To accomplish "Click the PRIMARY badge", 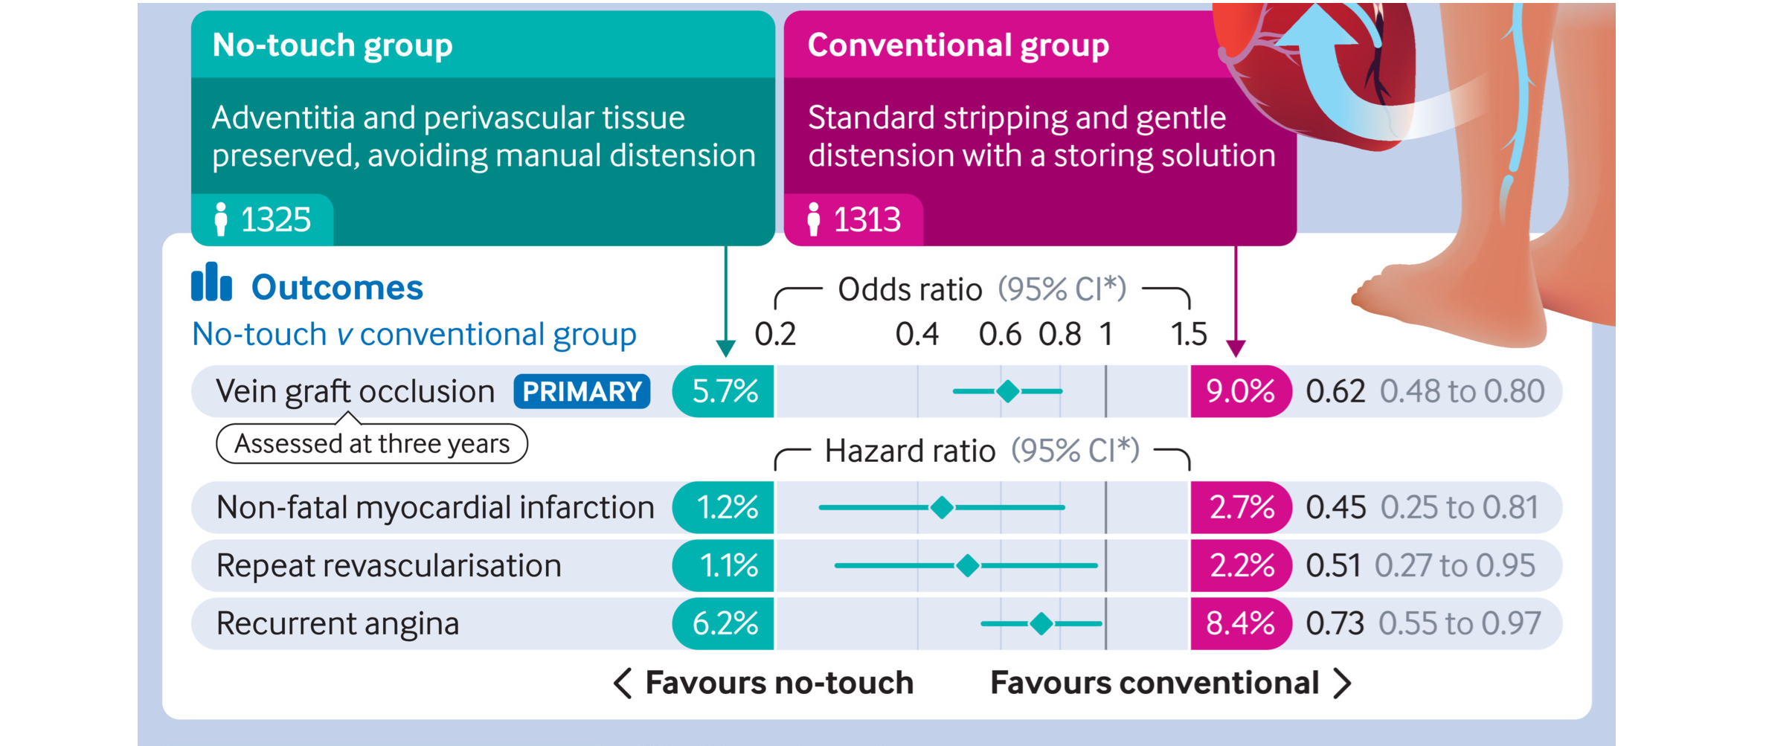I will coord(582,391).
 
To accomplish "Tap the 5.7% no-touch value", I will coord(725,391).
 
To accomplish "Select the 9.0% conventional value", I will coord(1240,391).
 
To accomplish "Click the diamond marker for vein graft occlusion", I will coord(1008,391).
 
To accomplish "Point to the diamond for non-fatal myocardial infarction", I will coord(942,507).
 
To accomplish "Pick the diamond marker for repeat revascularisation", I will coord(967,565).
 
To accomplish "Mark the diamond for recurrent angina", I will coord(1041,623).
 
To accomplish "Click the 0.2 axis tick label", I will coord(775,335).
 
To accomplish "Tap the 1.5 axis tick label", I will coord(1188,335).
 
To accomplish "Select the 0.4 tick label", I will coord(916,335).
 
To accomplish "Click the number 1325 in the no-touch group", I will coord(275,220).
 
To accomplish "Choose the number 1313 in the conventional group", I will coord(867,220).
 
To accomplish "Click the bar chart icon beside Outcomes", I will coord(211,283).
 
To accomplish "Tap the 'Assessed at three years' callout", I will coord(372,444).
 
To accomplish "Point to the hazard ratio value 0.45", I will coord(1335,507).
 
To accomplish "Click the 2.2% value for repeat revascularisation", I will coord(1242,565).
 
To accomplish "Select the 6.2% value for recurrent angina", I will coord(725,623).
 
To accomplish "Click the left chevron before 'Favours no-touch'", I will coord(623,683).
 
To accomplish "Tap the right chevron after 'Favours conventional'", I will coord(1342,683).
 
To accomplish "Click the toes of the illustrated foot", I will coord(1369,294).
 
